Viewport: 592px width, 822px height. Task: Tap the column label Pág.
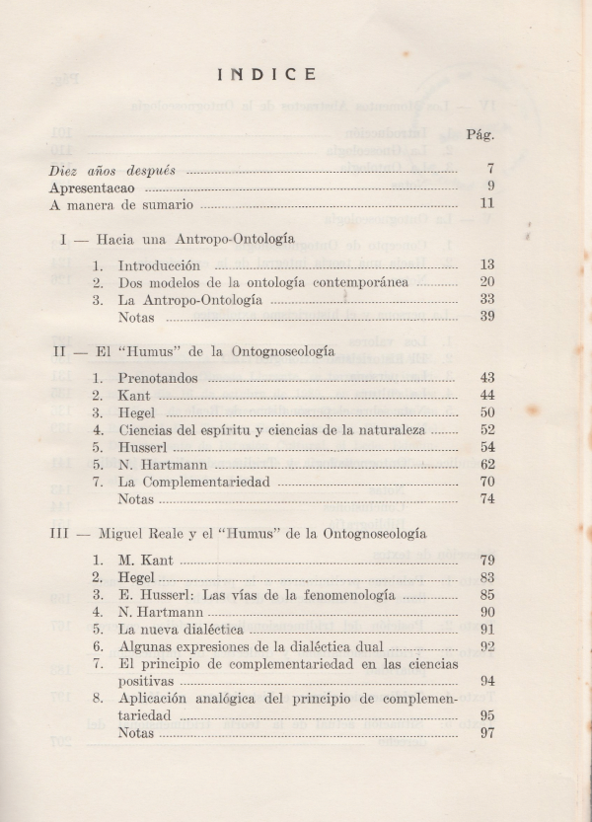(481, 133)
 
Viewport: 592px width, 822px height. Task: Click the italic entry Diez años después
(112, 170)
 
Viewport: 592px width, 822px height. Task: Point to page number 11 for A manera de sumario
(485, 204)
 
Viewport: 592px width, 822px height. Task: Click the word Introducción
(159, 265)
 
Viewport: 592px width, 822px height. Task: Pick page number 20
(485, 282)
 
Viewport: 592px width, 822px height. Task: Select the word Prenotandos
(158, 378)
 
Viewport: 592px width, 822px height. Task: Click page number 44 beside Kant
(485, 395)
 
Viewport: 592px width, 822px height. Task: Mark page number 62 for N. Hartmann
(485, 464)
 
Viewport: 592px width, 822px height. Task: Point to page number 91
(485, 630)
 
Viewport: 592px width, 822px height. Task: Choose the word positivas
(146, 681)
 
